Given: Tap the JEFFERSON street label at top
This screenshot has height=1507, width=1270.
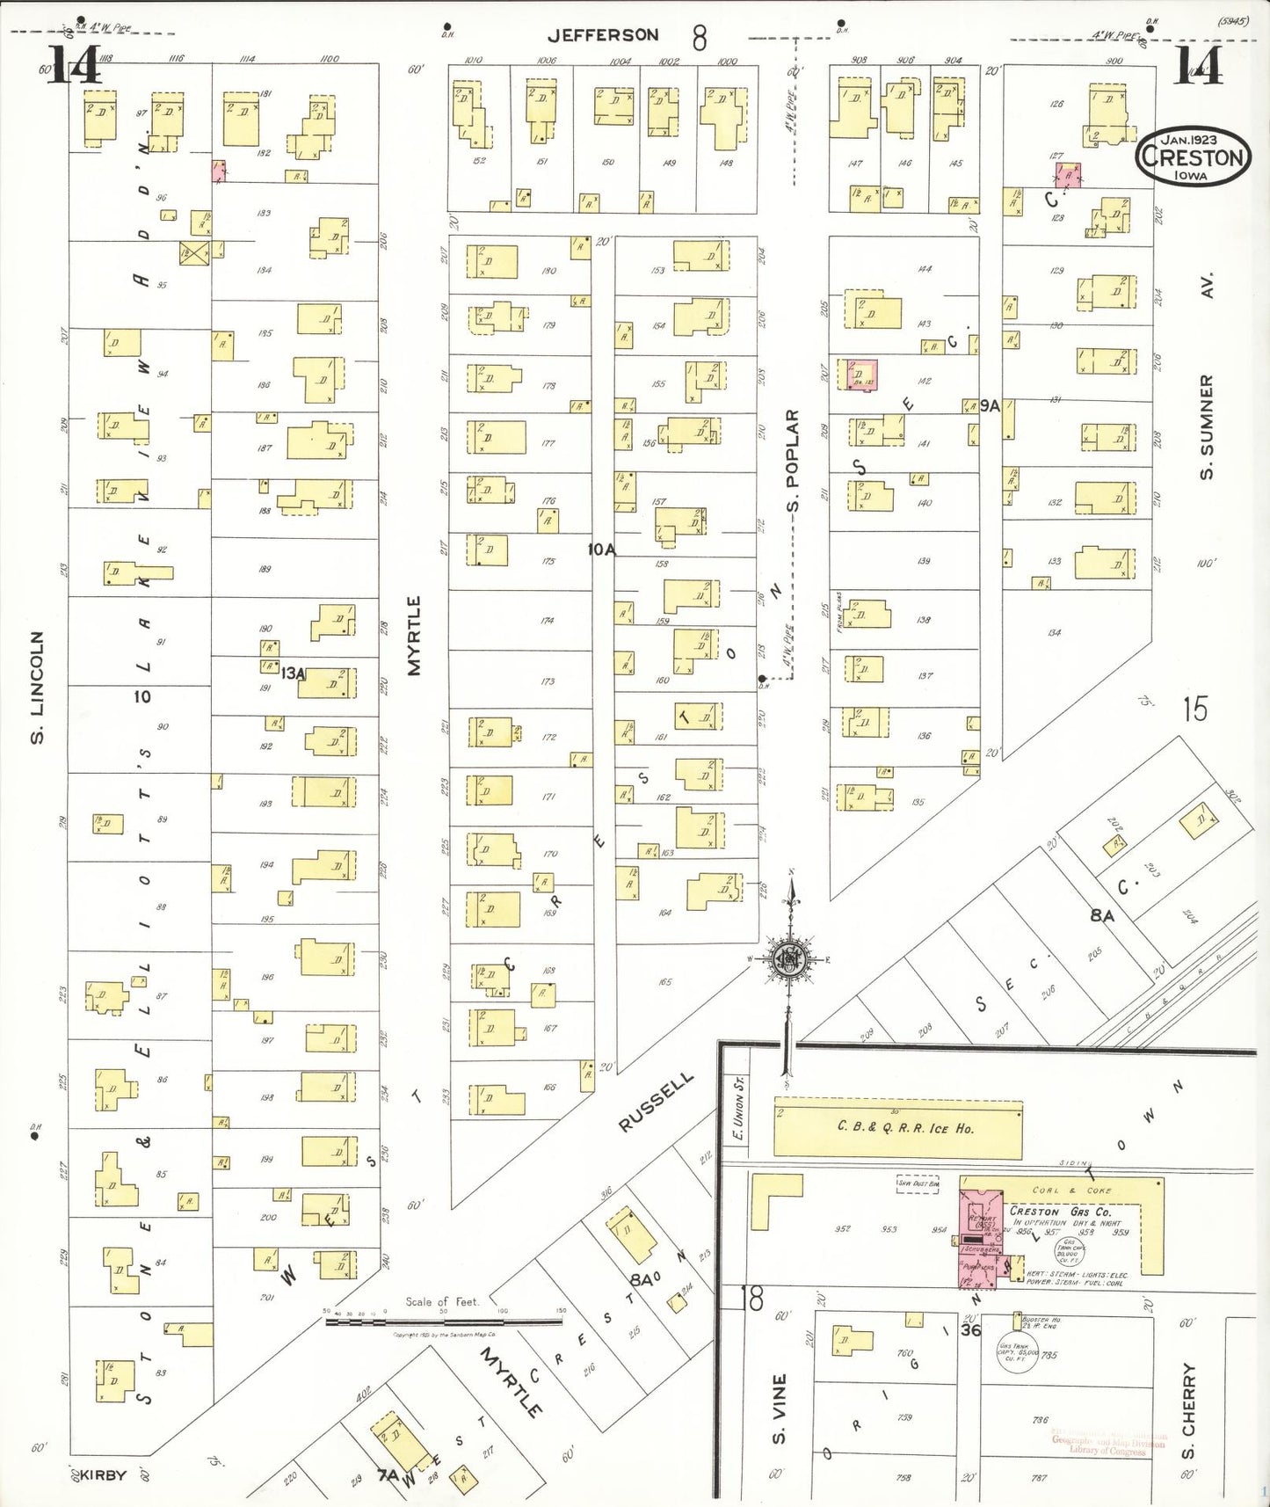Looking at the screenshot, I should (603, 35).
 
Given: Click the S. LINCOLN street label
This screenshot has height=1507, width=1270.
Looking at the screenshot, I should (37, 687).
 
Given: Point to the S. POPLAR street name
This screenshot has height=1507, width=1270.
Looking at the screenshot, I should (793, 460).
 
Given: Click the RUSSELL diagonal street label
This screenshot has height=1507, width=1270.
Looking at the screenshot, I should (656, 1102).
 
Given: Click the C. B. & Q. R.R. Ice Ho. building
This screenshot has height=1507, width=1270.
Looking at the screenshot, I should (897, 1129).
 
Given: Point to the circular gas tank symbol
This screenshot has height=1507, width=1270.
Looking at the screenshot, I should (1015, 1356).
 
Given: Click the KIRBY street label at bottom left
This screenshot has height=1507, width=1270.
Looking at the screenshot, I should (103, 1474).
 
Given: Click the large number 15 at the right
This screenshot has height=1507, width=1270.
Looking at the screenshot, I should (1194, 709).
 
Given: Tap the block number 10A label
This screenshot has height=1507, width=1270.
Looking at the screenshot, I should (602, 550).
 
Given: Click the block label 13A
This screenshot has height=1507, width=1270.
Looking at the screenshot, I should (293, 673).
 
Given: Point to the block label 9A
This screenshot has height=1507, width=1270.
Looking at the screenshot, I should (990, 405).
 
